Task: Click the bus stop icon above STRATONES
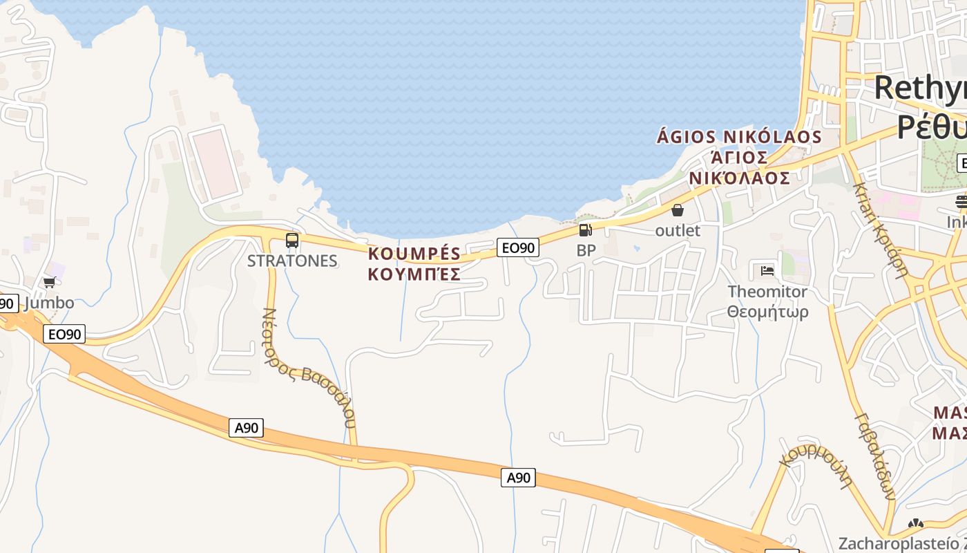click(292, 241)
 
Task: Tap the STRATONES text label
click(292, 261)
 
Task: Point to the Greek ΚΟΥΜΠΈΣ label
click(414, 274)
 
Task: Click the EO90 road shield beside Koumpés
click(517, 247)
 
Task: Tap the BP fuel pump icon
click(585, 230)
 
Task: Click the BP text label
click(586, 250)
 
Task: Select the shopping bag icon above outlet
click(678, 210)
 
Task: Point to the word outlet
click(678, 230)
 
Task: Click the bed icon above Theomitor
click(767, 271)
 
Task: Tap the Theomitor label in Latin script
click(767, 292)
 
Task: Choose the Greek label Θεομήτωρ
click(767, 312)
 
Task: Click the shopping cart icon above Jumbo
click(49, 282)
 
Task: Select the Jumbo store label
click(48, 303)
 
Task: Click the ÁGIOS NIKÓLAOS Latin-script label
click(739, 137)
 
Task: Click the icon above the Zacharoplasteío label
click(916, 525)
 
